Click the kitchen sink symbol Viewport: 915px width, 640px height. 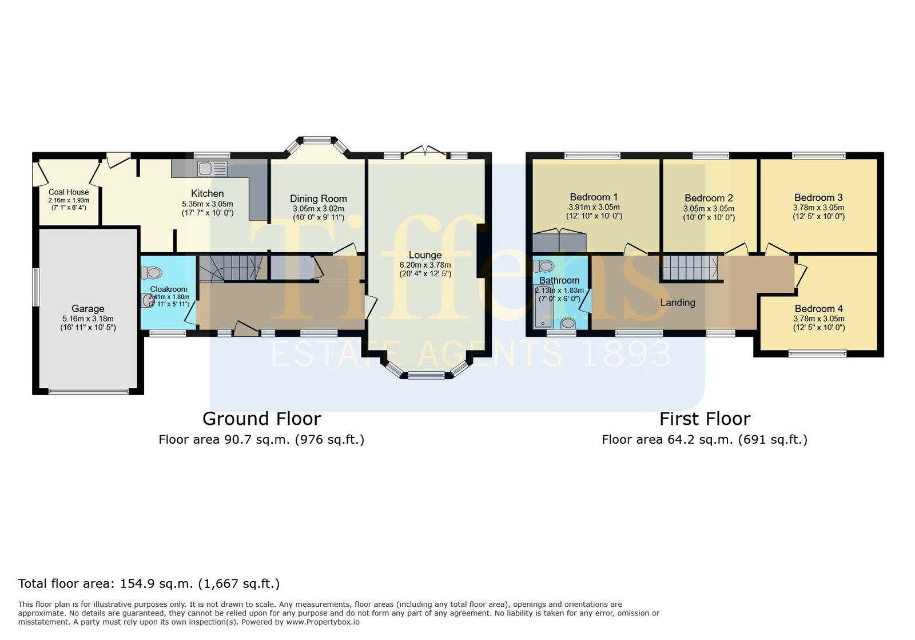[212, 169]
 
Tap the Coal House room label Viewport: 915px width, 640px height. [69, 192]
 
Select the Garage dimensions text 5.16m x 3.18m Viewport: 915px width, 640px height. [88, 319]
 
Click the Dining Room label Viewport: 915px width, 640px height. [318, 199]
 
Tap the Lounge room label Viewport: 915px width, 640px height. [425, 255]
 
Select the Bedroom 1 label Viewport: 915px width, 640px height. [594, 197]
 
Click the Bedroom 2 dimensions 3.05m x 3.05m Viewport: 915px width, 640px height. [709, 209]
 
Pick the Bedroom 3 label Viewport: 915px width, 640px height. [818, 198]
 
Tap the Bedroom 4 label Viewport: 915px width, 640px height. [819, 309]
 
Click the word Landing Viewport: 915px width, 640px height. [678, 303]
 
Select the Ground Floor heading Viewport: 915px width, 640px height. [262, 419]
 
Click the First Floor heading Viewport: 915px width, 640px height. [705, 419]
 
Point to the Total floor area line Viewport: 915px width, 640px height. [149, 583]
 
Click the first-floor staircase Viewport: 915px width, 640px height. [690, 268]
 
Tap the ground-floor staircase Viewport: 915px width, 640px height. [233, 268]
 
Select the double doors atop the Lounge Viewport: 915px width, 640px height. [425, 150]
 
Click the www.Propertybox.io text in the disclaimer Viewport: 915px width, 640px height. [323, 622]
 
